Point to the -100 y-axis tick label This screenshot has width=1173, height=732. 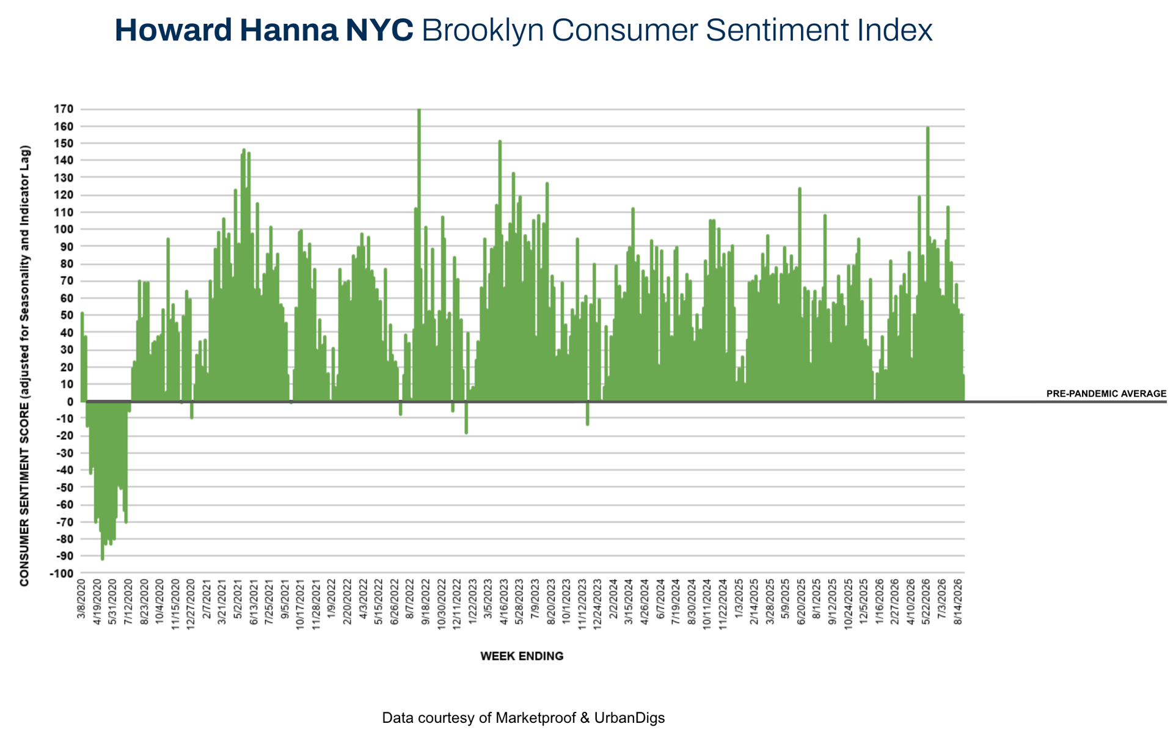[62, 574]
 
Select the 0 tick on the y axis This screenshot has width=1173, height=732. [70, 401]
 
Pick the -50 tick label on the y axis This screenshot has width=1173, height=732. [64, 488]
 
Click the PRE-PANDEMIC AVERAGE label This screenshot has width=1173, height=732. [1106, 394]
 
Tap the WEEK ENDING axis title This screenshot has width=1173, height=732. [522, 656]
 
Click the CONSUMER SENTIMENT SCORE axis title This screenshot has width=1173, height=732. [24, 366]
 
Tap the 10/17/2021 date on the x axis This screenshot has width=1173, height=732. [301, 604]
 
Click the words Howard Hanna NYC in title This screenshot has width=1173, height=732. [264, 30]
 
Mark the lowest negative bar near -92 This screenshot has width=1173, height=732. [103, 480]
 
